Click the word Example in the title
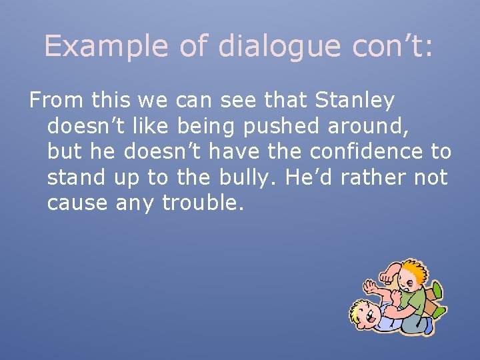(x=106, y=46)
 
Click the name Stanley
(x=355, y=101)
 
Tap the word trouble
(x=203, y=202)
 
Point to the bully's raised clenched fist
(x=388, y=273)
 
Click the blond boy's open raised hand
(x=371, y=287)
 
